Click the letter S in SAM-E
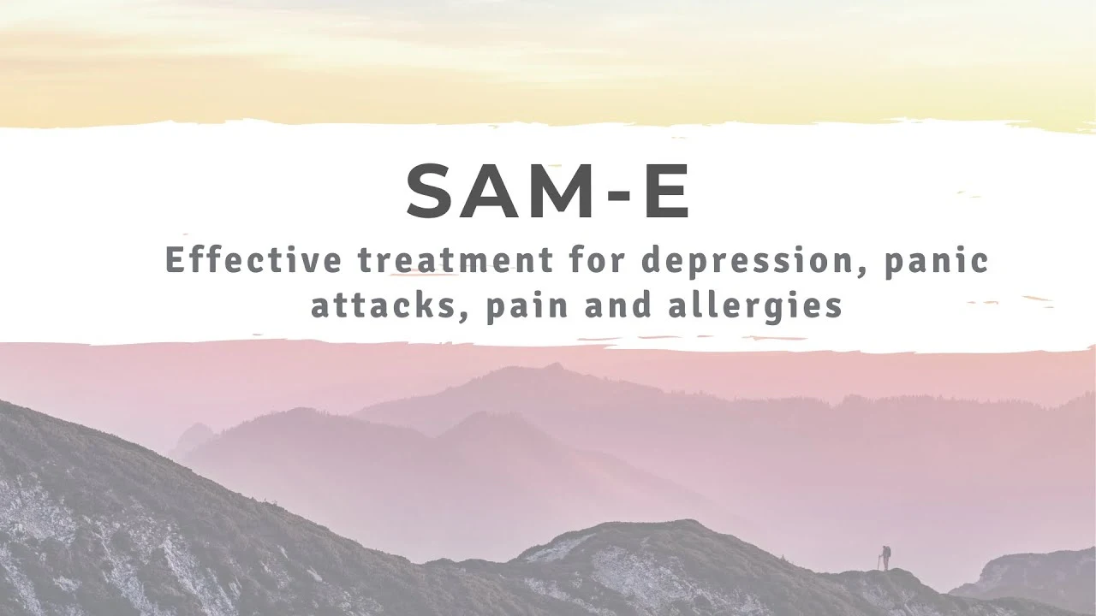coord(434,191)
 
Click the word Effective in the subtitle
coord(253,259)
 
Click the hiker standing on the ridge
coord(885,557)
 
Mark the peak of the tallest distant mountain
coord(553,365)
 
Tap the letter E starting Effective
coord(174,259)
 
